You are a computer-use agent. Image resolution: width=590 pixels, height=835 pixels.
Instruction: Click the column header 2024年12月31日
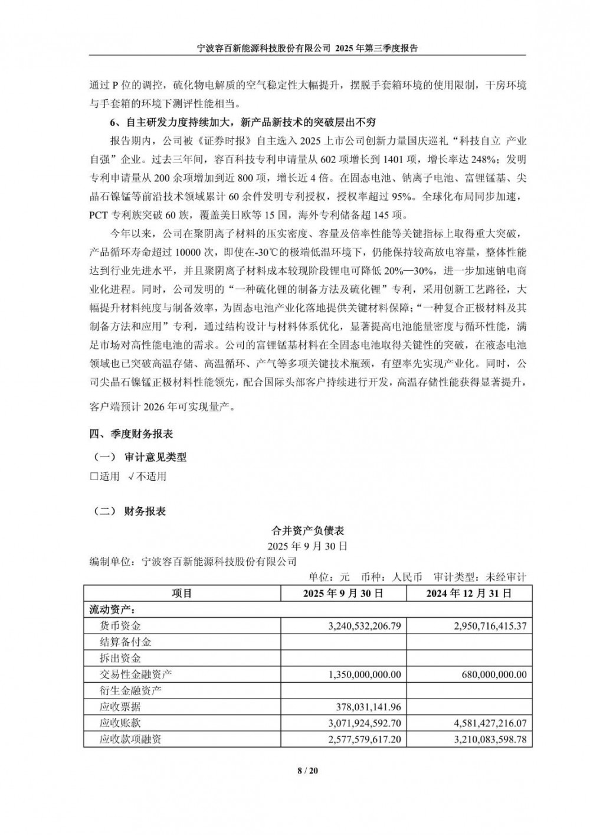tap(469, 593)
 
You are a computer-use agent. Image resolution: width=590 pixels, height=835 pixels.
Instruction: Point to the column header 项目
tap(182, 593)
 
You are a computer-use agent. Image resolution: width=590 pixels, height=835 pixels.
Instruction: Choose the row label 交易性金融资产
tap(136, 674)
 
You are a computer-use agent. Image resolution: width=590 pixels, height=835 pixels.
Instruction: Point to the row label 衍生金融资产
tap(130, 690)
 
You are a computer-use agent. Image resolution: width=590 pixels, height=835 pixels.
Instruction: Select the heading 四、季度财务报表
tap(131, 434)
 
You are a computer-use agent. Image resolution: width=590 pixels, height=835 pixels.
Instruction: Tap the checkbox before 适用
tap(94, 476)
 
